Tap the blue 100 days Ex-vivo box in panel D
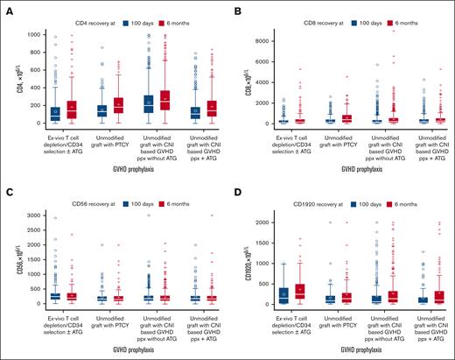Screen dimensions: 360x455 coord(283,296)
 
